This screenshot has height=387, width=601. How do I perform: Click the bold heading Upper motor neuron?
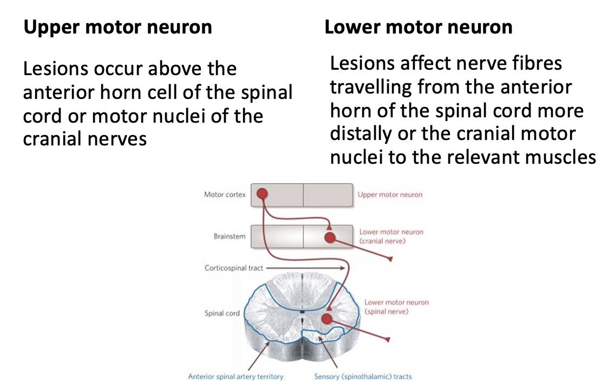[117, 27]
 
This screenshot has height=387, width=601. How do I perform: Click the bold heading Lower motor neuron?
[418, 27]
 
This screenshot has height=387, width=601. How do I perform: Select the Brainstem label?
[230, 236]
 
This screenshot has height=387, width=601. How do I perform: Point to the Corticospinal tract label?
[233, 268]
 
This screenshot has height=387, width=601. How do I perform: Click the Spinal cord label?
[222, 313]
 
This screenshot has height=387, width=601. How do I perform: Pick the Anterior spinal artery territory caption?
[236, 376]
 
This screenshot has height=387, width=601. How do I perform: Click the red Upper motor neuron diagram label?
[390, 195]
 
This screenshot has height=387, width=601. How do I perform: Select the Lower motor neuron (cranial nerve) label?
[391, 236]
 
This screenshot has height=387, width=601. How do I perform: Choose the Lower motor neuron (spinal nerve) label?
[396, 307]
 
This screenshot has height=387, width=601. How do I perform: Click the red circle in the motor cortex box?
[262, 193]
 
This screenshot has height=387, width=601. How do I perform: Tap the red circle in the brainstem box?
[330, 237]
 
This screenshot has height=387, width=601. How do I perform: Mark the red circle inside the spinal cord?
[326, 319]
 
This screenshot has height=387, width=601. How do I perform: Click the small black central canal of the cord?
[302, 311]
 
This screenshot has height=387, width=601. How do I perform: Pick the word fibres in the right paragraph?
[533, 64]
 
